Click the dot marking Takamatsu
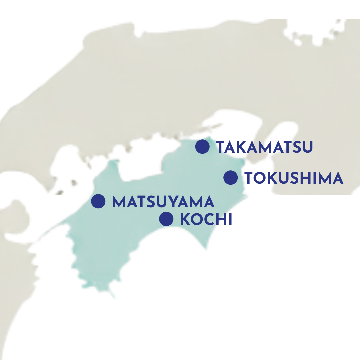[x=202, y=147]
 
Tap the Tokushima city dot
[x=230, y=177]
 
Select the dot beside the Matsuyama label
[x=98, y=201]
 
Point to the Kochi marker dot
[x=166, y=219]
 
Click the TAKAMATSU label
[x=265, y=147]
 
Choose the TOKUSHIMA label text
[x=294, y=178]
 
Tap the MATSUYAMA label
[x=163, y=202]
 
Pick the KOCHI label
[x=206, y=220]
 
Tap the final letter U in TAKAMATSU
[x=308, y=147]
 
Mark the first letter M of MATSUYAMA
[x=119, y=202]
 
